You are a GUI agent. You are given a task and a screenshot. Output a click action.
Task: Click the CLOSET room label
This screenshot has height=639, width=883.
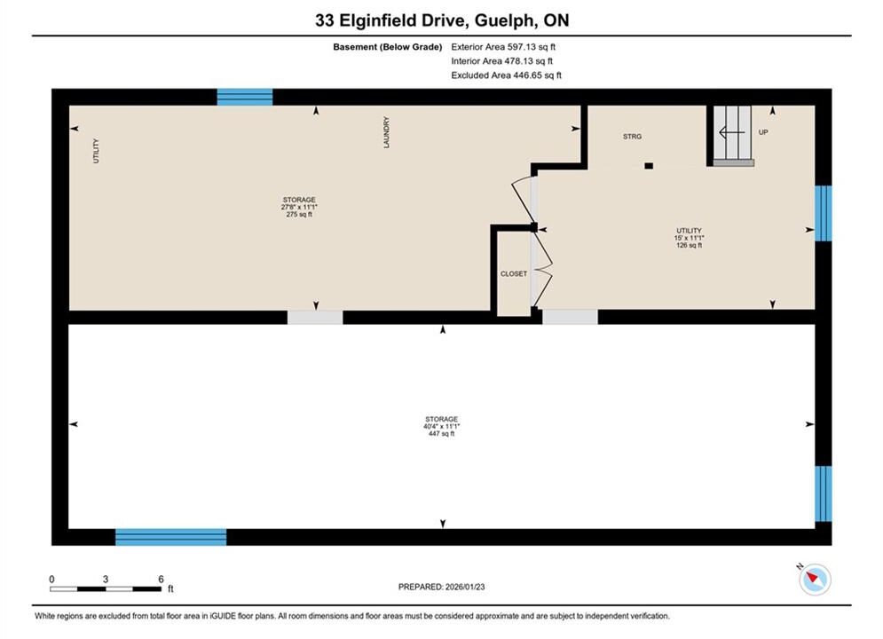514,273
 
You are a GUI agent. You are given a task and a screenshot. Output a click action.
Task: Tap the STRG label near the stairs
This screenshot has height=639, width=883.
632,137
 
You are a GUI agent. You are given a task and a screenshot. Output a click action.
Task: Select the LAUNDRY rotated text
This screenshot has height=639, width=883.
386,132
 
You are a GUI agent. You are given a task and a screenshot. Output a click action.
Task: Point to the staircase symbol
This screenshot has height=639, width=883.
733,135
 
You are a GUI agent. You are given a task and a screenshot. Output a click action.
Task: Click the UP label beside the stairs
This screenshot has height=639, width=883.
763,132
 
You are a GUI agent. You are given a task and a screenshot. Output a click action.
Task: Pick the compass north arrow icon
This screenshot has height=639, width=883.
815,579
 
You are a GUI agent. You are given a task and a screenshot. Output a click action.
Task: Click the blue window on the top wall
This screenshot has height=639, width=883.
245,97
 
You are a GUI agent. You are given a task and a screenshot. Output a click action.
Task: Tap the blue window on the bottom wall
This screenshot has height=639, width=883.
171,537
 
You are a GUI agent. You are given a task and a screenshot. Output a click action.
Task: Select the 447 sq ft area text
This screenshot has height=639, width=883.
441,434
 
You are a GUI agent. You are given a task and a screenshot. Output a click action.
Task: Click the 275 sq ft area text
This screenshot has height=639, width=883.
299,215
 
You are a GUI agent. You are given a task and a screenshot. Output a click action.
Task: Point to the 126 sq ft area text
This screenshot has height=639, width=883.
689,246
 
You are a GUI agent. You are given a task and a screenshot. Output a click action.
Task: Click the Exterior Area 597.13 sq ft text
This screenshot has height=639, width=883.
503,47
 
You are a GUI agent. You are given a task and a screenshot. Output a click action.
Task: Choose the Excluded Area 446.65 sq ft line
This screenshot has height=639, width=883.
506,75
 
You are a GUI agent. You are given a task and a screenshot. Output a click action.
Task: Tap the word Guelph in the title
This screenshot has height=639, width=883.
505,20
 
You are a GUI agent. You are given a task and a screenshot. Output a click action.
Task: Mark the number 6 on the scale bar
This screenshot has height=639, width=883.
161,579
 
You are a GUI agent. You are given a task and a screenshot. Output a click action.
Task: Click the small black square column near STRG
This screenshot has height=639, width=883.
649,166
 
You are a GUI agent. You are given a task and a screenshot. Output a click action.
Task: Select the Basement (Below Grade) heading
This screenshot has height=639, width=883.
388,47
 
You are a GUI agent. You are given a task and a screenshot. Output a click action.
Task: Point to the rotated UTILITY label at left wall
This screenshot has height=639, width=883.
96,151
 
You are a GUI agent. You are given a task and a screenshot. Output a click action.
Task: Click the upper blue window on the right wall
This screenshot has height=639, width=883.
824,213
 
